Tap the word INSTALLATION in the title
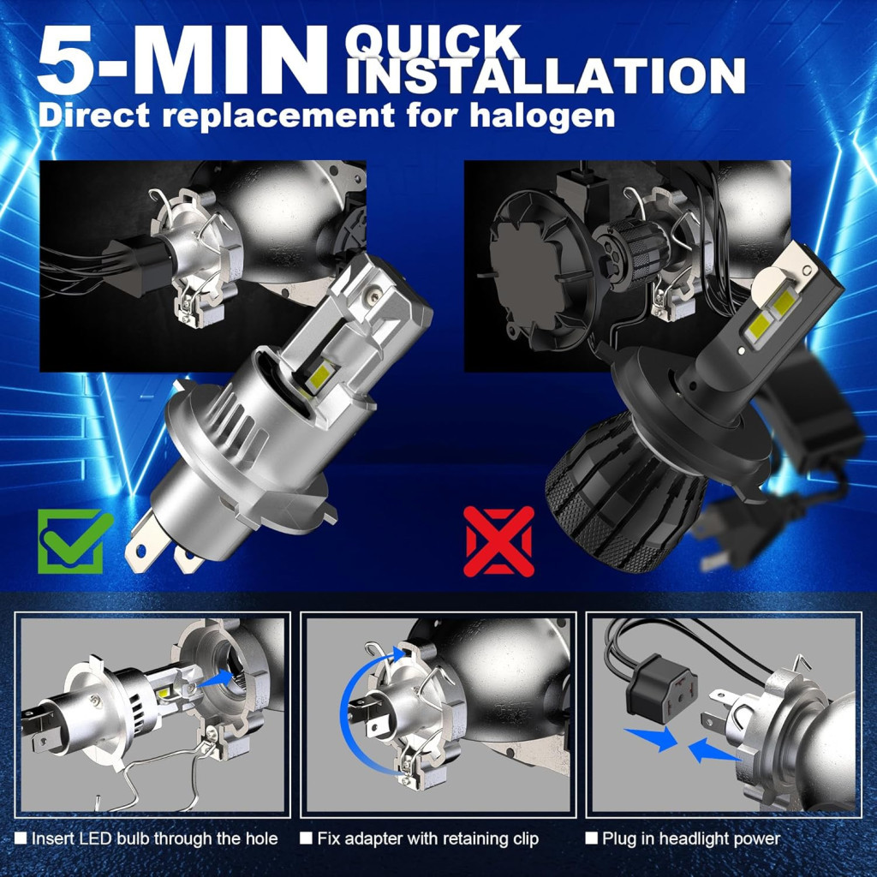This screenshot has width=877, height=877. pyautogui.click(x=546, y=75)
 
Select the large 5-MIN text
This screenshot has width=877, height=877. pyautogui.click(x=182, y=59)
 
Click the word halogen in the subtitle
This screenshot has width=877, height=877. pyautogui.click(x=542, y=116)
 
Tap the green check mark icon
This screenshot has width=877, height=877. pyautogui.click(x=73, y=540)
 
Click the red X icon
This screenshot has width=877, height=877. pyautogui.click(x=499, y=541)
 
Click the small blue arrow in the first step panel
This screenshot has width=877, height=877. pyautogui.click(x=217, y=678)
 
